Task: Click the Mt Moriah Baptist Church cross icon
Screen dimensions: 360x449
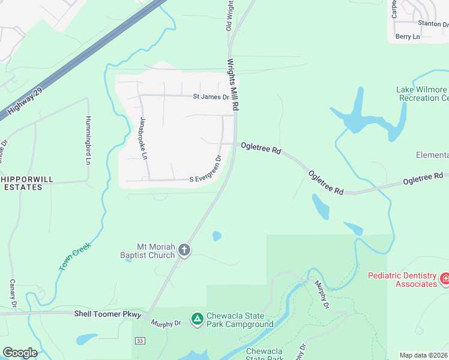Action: (x=184, y=250)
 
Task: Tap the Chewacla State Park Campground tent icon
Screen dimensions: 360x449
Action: (x=196, y=318)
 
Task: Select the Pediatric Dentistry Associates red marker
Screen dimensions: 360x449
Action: (x=445, y=278)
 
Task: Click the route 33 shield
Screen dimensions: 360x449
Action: (x=140, y=341)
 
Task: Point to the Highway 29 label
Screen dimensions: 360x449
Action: (x=23, y=101)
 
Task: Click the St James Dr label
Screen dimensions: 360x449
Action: (x=211, y=97)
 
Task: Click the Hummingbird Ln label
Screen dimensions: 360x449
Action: (x=88, y=140)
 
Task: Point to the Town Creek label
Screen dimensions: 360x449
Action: (x=74, y=256)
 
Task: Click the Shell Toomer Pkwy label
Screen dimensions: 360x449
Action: (x=107, y=314)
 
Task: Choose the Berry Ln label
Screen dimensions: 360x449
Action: (x=408, y=37)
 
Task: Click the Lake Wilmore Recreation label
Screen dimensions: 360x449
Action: (x=422, y=94)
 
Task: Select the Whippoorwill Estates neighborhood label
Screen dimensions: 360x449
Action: (x=22, y=183)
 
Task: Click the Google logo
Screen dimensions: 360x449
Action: (x=20, y=353)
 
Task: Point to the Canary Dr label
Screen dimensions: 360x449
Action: (x=12, y=294)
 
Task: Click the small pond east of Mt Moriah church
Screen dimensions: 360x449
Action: (x=217, y=236)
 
